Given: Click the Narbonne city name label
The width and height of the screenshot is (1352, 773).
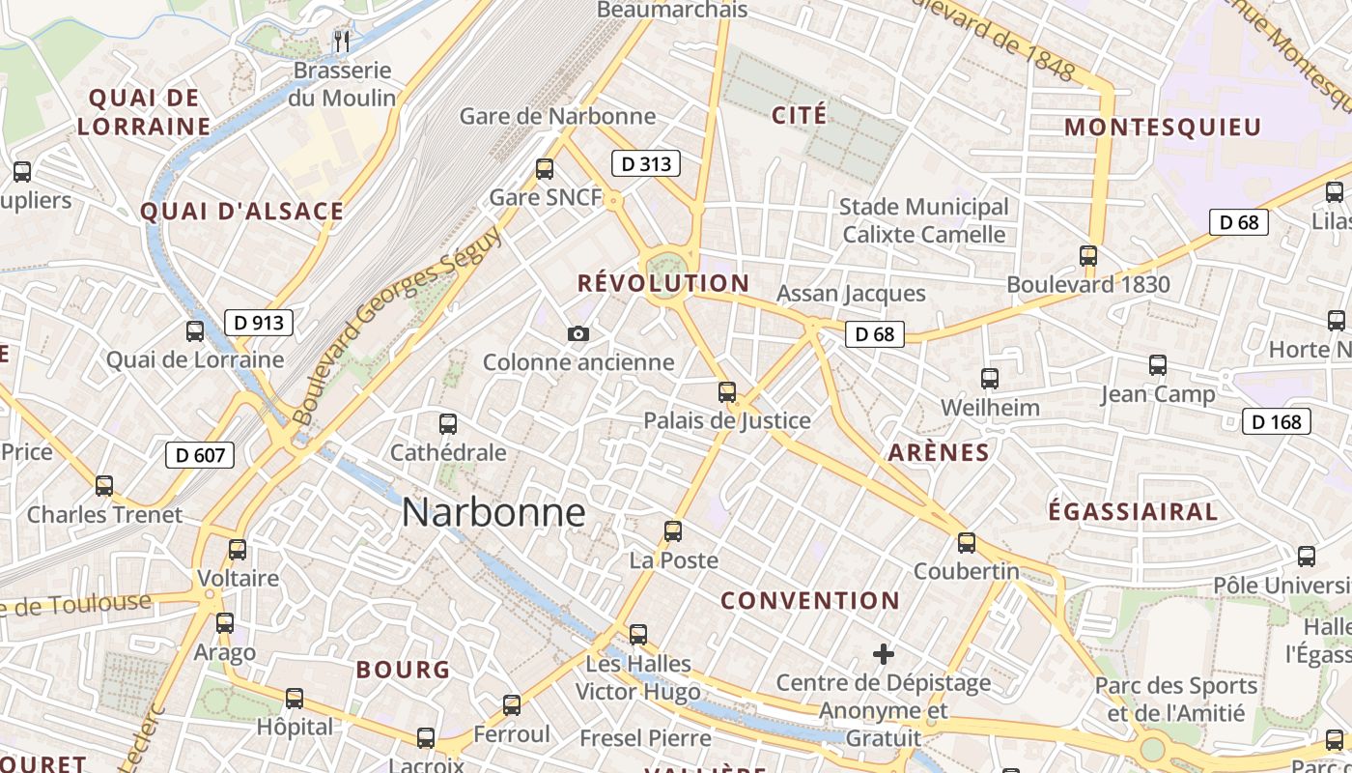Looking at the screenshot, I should click(x=493, y=512).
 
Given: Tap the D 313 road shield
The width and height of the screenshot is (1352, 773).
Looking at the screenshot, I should click(x=646, y=163).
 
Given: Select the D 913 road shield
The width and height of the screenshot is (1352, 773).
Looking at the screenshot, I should click(x=259, y=322).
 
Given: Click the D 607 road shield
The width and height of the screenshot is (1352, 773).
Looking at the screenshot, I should click(x=200, y=454).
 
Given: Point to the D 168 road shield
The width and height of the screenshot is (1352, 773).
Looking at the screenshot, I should click(x=1277, y=421).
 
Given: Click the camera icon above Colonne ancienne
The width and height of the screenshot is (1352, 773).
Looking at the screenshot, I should click(x=578, y=333).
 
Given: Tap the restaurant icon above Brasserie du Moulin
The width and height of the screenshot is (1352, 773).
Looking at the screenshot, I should click(x=341, y=41).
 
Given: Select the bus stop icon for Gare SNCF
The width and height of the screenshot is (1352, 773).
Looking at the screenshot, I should click(x=545, y=169).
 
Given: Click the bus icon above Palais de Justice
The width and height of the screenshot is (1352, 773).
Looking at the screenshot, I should click(x=727, y=392).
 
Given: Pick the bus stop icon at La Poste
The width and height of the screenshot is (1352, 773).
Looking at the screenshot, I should click(x=673, y=531).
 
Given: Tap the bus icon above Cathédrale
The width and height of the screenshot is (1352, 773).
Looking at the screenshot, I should click(x=448, y=423).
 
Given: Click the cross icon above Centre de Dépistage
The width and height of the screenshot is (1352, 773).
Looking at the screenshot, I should click(x=883, y=654).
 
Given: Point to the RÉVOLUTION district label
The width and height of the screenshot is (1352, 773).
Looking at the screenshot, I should click(x=663, y=283).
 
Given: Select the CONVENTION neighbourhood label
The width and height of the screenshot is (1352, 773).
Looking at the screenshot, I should click(x=810, y=600).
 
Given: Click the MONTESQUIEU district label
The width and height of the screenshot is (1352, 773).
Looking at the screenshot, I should click(x=1163, y=127).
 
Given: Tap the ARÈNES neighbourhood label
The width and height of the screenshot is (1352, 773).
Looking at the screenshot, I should click(x=939, y=452).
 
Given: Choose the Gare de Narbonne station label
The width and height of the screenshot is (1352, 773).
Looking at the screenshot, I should click(x=557, y=116).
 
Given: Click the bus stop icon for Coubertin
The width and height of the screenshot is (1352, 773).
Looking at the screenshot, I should click(x=967, y=543).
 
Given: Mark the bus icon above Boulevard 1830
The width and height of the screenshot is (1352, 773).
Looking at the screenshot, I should click(x=1088, y=256).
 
